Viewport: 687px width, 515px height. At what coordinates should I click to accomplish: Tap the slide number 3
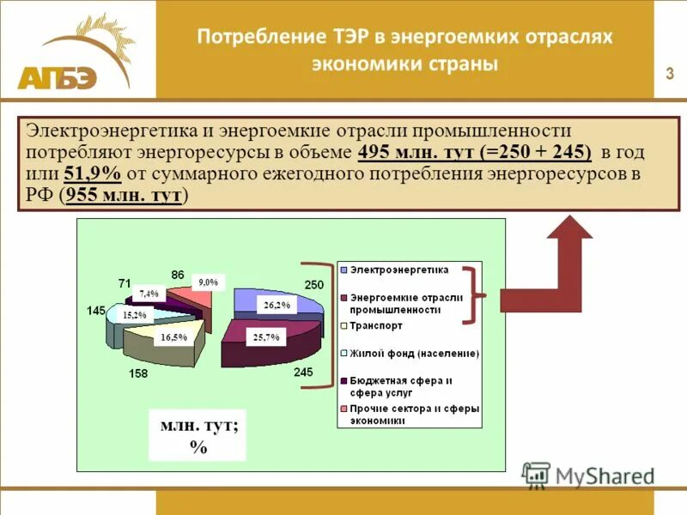(669, 74)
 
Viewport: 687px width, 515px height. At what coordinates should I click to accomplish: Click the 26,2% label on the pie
(277, 305)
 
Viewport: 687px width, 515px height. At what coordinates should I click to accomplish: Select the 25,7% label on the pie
(266, 337)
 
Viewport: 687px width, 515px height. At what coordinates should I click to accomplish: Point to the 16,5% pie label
(173, 337)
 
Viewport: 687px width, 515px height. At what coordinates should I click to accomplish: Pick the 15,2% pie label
(135, 315)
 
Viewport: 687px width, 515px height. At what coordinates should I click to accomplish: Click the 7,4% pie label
(149, 294)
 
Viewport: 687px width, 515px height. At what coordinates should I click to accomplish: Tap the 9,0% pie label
(208, 282)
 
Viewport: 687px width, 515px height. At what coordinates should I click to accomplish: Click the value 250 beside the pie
(313, 285)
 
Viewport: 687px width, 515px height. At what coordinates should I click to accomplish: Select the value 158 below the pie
(138, 373)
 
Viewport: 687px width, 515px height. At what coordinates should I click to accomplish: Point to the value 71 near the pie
(125, 282)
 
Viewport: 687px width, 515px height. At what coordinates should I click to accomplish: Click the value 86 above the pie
(178, 274)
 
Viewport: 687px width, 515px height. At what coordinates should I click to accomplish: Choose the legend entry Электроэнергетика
(398, 270)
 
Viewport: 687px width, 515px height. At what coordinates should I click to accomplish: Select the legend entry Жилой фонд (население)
(409, 353)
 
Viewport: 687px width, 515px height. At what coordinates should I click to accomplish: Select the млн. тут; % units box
(198, 435)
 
